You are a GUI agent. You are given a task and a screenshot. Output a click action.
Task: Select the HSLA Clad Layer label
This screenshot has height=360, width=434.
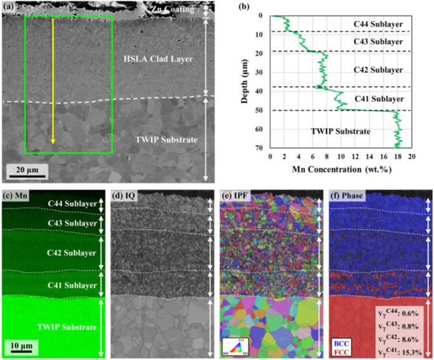point(158,60)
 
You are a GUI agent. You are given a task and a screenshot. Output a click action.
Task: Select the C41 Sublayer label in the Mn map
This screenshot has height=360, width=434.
point(69,279)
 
